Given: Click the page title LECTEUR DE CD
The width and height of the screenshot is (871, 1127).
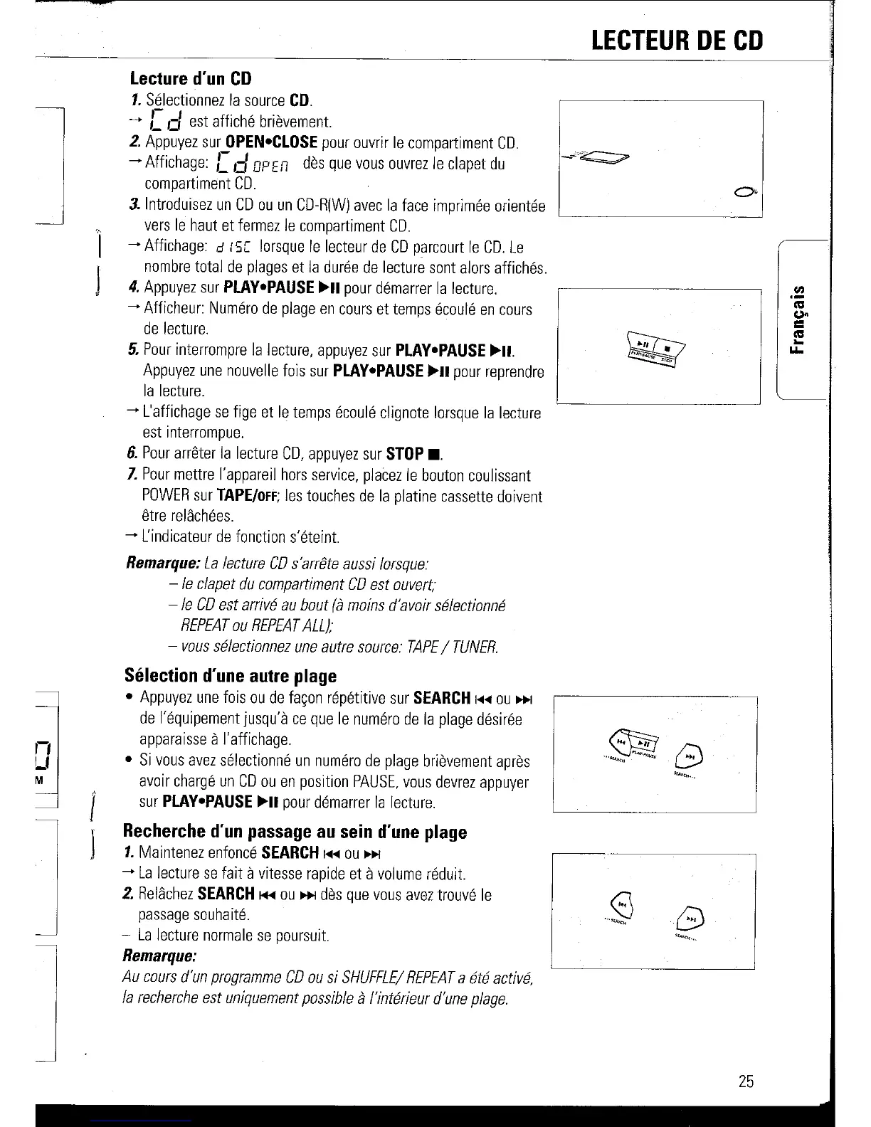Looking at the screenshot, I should coord(677,40).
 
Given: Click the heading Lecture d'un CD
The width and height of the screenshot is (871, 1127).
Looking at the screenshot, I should coord(191,78).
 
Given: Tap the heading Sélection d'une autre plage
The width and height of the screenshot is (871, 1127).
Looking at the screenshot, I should coord(230,675).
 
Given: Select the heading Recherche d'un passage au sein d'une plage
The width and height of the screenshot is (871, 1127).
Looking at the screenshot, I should coord(295,832).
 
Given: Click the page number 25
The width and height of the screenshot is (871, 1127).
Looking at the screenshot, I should coord(745,1081).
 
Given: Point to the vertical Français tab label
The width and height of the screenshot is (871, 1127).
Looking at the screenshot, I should coord(799,319).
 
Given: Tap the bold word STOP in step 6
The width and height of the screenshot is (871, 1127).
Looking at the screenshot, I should coord(404,454).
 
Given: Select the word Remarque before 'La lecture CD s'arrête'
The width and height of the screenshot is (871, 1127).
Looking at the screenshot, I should coord(162,564).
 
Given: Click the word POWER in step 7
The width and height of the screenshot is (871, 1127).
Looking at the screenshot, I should coord(167,497).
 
